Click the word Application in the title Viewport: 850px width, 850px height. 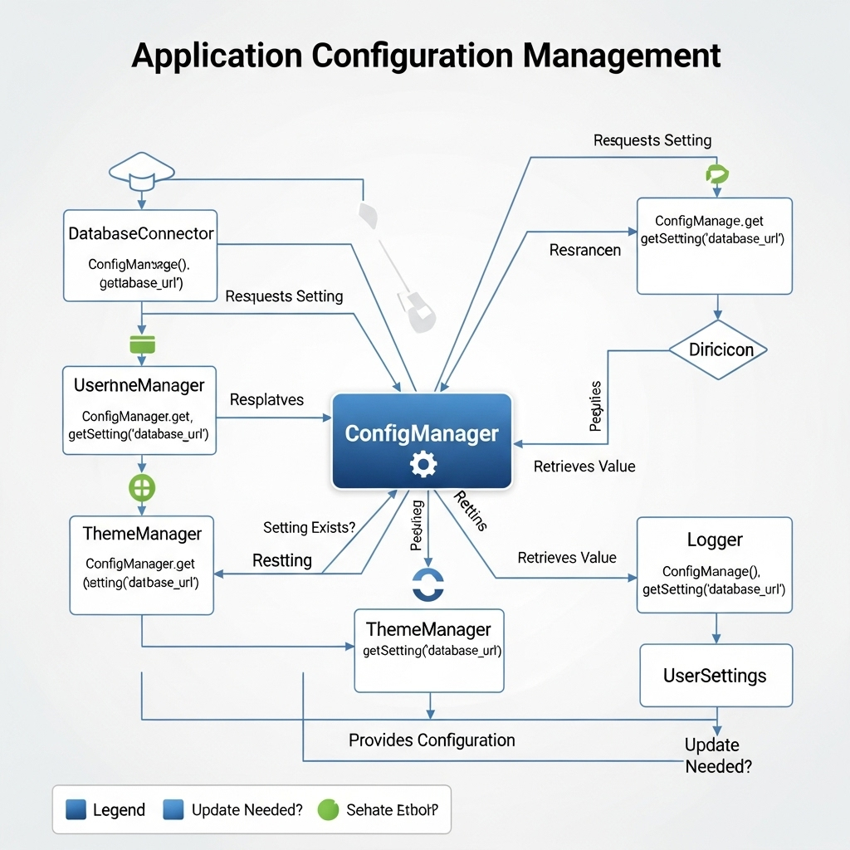(217, 56)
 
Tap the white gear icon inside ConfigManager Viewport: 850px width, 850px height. (423, 464)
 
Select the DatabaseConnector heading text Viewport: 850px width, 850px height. (140, 234)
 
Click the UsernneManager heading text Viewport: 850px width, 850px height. (139, 385)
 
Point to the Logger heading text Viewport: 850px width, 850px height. (715, 540)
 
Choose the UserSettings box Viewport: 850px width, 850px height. (716, 676)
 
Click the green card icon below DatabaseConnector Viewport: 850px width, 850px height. (142, 344)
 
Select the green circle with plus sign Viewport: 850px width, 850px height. (142, 486)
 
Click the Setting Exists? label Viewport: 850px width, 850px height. (309, 527)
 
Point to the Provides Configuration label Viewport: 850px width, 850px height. (432, 740)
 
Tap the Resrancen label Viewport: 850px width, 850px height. (584, 250)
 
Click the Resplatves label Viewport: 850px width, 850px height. (266, 399)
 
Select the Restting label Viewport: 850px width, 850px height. (282, 560)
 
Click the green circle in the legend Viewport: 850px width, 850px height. (330, 809)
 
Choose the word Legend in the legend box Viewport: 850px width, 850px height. (119, 810)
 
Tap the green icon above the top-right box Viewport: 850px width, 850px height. (715, 173)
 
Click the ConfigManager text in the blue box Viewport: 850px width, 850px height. (422, 433)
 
